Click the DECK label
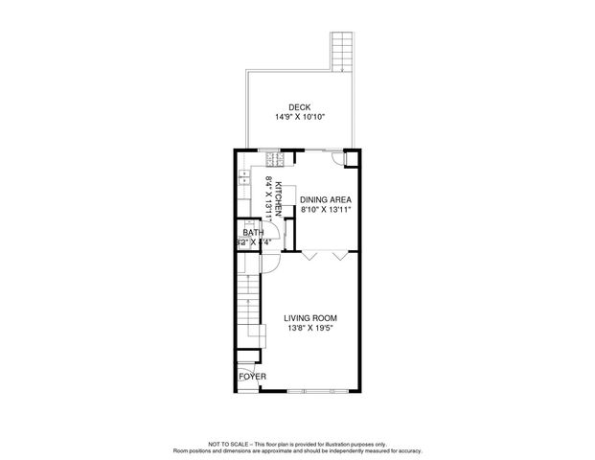(x=299, y=107)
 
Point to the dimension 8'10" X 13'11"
(x=327, y=209)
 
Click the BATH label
(x=253, y=233)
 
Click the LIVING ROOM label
(x=310, y=317)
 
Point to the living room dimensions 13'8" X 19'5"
(x=310, y=328)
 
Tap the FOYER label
(x=252, y=377)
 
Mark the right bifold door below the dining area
(x=339, y=256)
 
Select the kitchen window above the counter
(x=271, y=150)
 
